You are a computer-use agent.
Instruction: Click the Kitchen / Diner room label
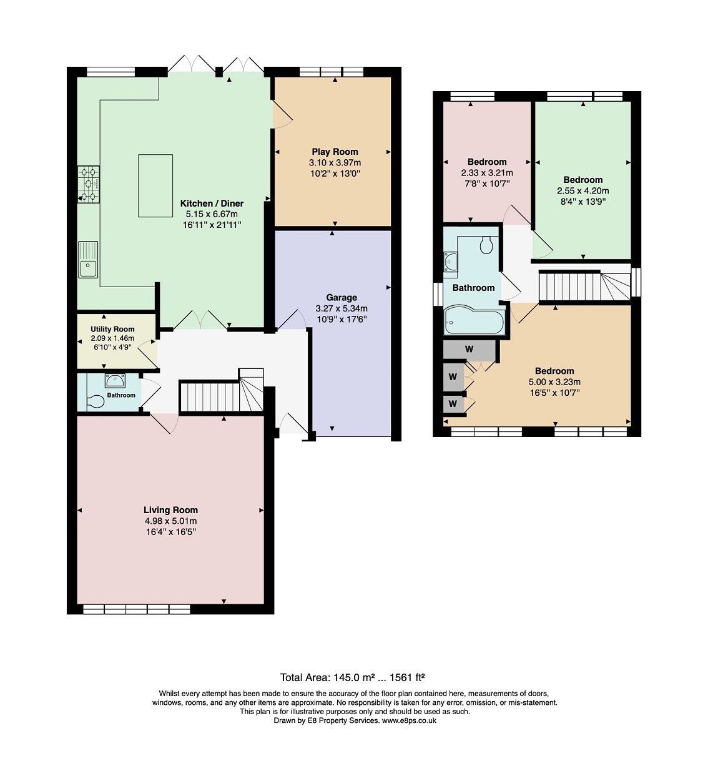pos(212,204)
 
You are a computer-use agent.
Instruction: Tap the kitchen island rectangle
pos(155,185)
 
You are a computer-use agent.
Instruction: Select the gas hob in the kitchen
pos(89,185)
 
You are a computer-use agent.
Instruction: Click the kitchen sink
pos(88,260)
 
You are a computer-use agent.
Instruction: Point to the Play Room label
pos(335,152)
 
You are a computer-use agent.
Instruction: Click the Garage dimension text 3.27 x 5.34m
pos(342,308)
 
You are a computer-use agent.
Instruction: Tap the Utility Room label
pos(112,329)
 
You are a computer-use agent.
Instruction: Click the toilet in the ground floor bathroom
pos(96,401)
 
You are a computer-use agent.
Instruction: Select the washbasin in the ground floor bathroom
pos(115,380)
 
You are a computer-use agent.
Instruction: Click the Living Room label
pos(170,510)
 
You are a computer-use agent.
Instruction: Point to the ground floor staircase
pos(222,391)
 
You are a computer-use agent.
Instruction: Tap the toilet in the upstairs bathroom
pos(486,245)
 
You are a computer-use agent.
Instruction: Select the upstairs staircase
pos(584,285)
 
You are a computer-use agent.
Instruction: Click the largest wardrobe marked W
pos(469,350)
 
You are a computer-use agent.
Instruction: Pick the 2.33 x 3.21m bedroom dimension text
pos(487,173)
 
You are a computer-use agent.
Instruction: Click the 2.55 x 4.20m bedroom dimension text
pos(583,190)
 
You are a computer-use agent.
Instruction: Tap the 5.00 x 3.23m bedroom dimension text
pos(554,382)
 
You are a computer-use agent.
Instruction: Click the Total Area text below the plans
pos(353,677)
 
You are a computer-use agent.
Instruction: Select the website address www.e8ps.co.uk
pos(409,720)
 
